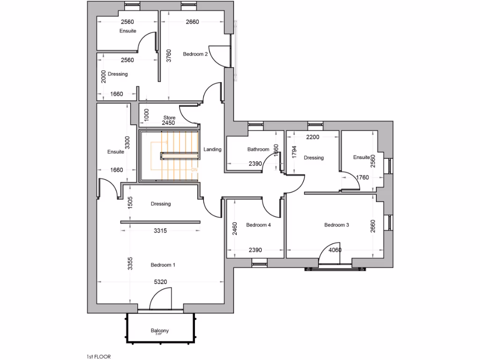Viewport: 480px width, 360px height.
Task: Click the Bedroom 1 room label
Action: (163, 265)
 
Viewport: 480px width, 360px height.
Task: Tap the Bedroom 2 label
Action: (195, 54)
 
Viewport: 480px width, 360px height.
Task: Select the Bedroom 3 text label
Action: (337, 225)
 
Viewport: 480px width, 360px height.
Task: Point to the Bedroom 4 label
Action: (258, 225)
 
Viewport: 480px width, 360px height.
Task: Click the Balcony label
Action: (159, 331)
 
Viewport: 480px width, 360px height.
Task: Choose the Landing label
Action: (212, 150)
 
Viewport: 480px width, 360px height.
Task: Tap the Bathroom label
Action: (258, 150)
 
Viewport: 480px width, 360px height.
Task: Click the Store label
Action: (169, 118)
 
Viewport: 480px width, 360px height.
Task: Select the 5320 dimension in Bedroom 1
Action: (161, 282)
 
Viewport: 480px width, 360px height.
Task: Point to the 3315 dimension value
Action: (161, 231)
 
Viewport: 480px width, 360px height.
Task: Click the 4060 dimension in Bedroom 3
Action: (335, 250)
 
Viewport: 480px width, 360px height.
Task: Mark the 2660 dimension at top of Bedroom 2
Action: (192, 22)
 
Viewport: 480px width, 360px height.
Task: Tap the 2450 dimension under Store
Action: (168, 123)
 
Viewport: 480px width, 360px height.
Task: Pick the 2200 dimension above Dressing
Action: (313, 137)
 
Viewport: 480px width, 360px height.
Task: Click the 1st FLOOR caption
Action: (98, 356)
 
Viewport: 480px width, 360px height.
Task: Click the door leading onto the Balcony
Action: (160, 300)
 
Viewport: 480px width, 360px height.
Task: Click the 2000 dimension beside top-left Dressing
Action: (103, 77)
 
